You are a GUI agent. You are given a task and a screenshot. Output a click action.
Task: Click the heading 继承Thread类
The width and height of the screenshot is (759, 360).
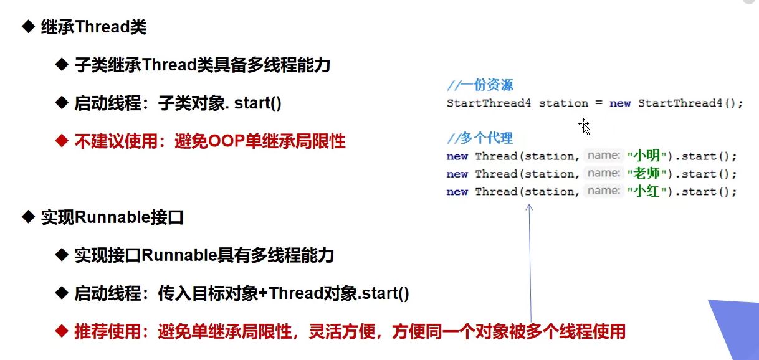click(x=94, y=27)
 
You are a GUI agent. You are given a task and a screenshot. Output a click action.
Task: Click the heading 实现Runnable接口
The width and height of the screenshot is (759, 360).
click(x=112, y=217)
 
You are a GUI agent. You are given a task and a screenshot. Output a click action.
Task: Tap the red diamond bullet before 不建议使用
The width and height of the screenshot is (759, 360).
click(x=62, y=141)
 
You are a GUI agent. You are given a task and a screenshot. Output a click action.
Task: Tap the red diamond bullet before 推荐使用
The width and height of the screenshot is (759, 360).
click(x=62, y=331)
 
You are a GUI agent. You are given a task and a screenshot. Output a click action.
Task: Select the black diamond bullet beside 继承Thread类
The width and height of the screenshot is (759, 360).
click(x=29, y=26)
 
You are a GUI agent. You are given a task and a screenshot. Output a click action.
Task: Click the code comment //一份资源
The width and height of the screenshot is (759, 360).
click(x=480, y=85)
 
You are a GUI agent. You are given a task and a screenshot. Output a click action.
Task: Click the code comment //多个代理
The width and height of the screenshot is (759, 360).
click(x=480, y=138)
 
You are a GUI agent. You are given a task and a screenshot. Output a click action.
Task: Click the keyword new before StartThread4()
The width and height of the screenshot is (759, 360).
click(x=620, y=103)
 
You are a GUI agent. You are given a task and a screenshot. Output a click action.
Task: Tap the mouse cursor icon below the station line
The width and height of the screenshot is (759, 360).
click(x=584, y=126)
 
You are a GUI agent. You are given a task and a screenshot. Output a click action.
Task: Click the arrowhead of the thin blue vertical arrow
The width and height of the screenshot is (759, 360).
click(x=529, y=207)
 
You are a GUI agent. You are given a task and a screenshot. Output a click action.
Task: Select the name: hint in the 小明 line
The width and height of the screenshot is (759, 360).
click(x=603, y=156)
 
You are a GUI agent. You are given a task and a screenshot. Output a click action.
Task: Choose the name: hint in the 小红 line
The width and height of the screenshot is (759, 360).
click(x=603, y=191)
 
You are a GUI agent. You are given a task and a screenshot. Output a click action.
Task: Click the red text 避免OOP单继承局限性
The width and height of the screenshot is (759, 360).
click(x=260, y=141)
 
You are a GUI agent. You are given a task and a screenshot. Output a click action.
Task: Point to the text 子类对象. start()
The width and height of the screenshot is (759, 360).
click(x=219, y=103)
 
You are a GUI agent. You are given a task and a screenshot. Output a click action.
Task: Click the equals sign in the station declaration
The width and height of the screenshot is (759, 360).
click(x=599, y=103)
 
